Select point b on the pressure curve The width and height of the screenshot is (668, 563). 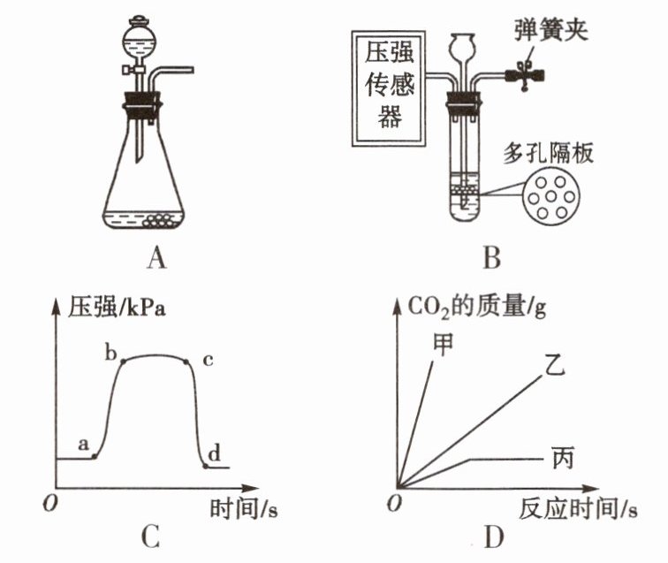coord(122,361)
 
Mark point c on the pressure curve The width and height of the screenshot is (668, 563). coord(187,361)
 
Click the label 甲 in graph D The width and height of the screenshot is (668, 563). coord(443,340)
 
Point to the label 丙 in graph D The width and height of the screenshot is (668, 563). coord(562,459)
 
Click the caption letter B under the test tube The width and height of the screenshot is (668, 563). coord(493,257)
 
